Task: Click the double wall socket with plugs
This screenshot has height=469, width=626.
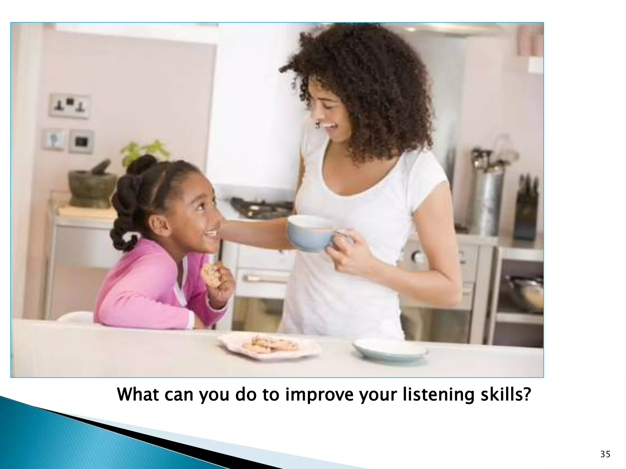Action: pyautogui.click(x=70, y=106)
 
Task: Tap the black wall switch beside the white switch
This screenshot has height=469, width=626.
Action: pyautogui.click(x=81, y=141)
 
